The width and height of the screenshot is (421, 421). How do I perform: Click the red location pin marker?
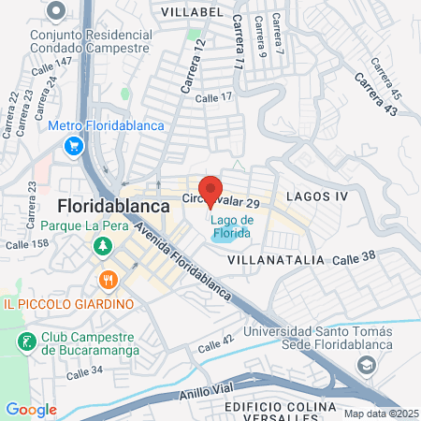click(x=210, y=191)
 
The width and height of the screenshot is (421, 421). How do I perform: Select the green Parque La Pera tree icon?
click(x=100, y=246)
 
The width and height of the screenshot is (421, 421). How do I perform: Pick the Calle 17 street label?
click(x=213, y=96)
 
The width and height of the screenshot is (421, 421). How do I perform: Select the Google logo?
click(x=31, y=409)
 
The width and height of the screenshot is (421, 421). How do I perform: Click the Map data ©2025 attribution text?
click(x=380, y=414)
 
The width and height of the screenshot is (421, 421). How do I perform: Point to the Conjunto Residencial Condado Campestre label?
click(x=90, y=40)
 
